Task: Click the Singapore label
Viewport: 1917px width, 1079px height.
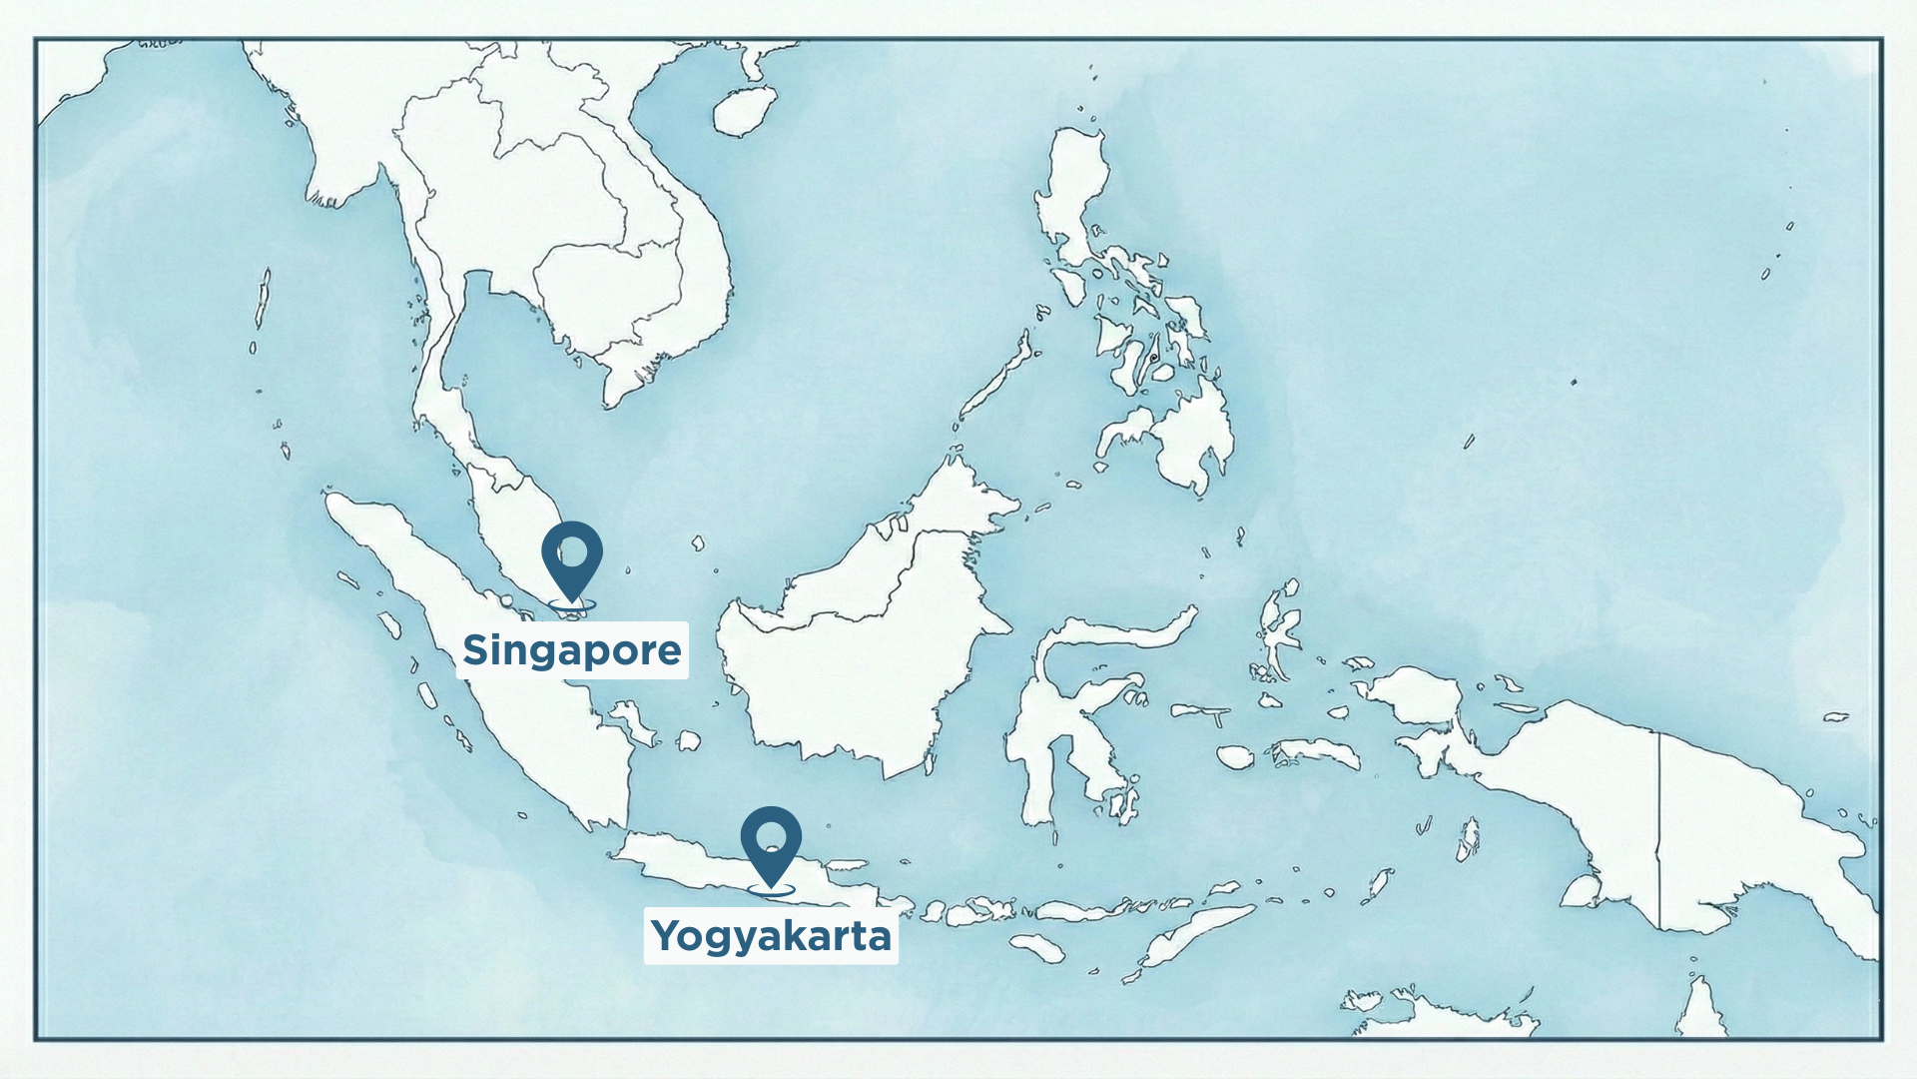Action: (x=572, y=650)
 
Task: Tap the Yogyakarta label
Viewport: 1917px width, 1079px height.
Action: (x=771, y=936)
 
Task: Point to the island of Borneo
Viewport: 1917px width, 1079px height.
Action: (x=859, y=659)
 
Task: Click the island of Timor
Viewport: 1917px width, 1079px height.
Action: (x=1198, y=934)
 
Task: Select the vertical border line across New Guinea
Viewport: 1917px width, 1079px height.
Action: (x=1659, y=829)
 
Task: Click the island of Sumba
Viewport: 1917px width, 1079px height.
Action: (x=1038, y=946)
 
